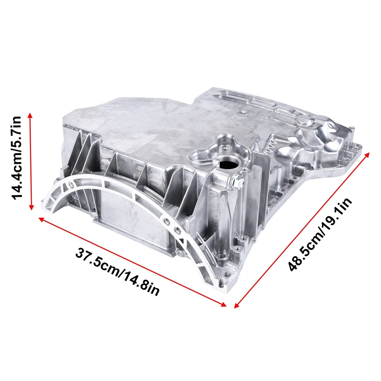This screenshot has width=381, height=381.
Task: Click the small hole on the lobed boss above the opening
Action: [225, 147]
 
